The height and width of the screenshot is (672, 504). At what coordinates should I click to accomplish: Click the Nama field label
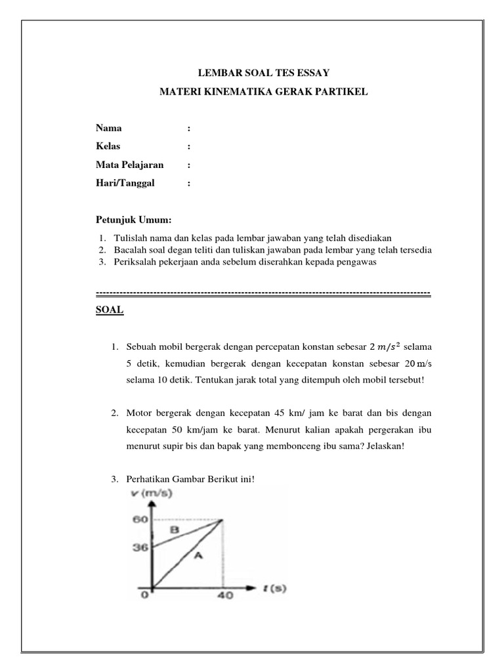[x=108, y=128]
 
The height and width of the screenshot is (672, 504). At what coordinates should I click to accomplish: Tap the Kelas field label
[x=108, y=146]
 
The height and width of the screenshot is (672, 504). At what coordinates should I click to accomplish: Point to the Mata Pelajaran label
[x=129, y=165]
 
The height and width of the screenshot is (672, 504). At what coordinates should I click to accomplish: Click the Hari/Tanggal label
[x=125, y=184]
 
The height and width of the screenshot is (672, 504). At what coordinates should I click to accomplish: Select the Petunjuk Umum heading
[x=133, y=219]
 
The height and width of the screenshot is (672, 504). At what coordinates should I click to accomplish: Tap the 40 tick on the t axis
[x=225, y=598]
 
